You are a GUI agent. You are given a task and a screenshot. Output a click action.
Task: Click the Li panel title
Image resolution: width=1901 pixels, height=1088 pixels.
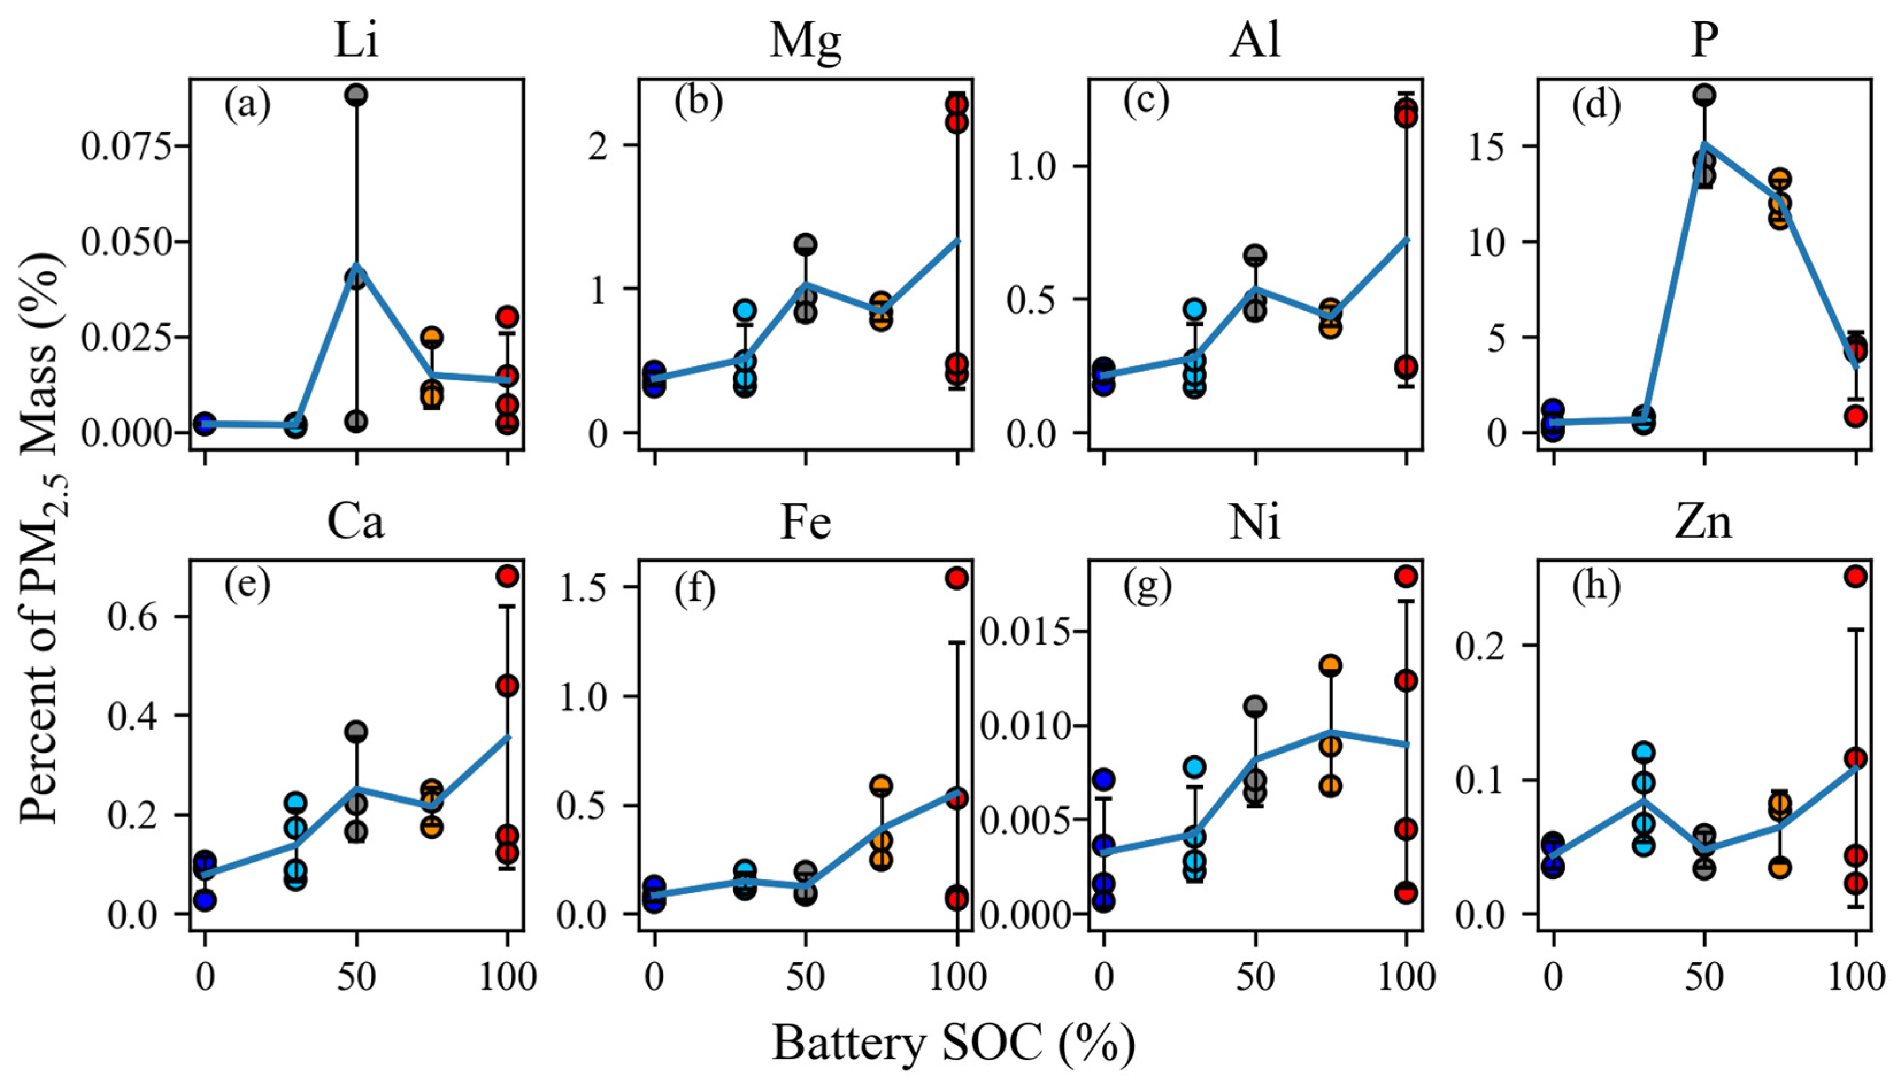pos(356,43)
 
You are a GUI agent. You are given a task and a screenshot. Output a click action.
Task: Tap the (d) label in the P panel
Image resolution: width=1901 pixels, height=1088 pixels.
pos(1596,105)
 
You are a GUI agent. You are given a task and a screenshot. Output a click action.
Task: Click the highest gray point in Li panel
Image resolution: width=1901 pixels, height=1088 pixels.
pos(356,95)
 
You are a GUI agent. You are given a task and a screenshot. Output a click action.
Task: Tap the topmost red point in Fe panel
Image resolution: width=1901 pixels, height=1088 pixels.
pos(957,578)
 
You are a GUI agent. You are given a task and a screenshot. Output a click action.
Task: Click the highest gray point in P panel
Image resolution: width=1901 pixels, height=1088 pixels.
pos(1704,95)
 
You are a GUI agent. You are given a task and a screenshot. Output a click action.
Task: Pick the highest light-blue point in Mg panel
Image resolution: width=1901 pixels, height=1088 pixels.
pos(745,310)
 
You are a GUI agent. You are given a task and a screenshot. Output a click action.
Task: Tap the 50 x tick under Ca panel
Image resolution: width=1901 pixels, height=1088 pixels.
pos(356,977)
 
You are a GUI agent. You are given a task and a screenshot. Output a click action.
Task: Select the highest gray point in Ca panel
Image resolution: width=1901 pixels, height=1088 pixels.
pos(356,732)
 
